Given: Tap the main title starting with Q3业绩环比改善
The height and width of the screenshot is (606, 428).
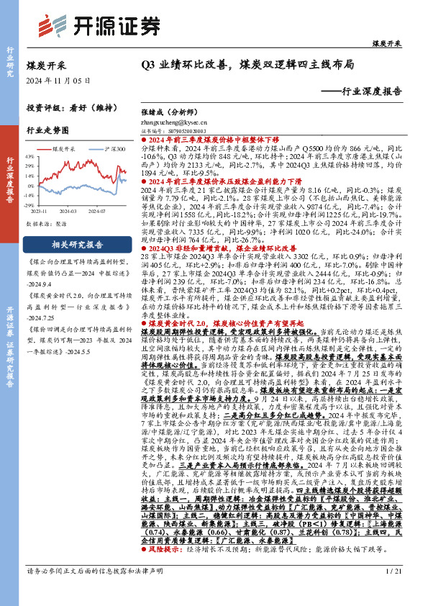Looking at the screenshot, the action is click(248, 64).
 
